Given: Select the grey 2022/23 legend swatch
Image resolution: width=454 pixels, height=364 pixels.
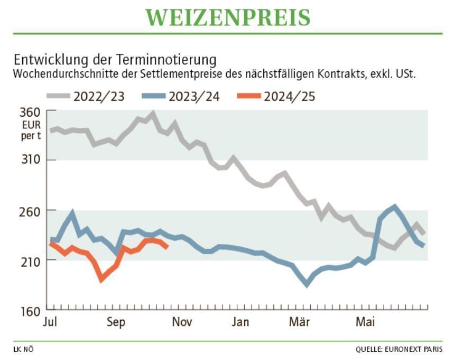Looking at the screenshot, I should coord(58,96).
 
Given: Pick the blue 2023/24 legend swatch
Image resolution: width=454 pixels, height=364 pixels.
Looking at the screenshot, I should coord(153,96).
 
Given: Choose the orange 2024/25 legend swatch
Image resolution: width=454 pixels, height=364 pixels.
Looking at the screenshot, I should coord(249,96).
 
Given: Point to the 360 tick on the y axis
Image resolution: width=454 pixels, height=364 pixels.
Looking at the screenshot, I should coord(30,112).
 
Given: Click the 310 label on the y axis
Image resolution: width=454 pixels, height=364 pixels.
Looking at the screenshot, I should coord(30,160).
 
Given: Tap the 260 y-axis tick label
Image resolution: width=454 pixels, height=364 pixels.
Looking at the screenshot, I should coord(30,210).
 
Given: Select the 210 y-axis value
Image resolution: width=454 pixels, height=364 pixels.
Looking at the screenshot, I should coord(30,260).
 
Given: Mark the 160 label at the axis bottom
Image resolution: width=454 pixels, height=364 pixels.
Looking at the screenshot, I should coord(30,311).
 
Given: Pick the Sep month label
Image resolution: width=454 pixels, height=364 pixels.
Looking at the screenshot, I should coord(115,321).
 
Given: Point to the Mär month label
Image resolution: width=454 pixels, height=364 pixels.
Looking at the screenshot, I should coord(300,321).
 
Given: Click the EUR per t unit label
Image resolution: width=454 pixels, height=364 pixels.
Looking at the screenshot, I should coord(30,131).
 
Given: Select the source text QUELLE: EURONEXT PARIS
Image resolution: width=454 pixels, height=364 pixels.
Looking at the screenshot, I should coord(399,349).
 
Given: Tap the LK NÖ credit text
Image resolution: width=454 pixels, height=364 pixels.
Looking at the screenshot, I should coord(24,349).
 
